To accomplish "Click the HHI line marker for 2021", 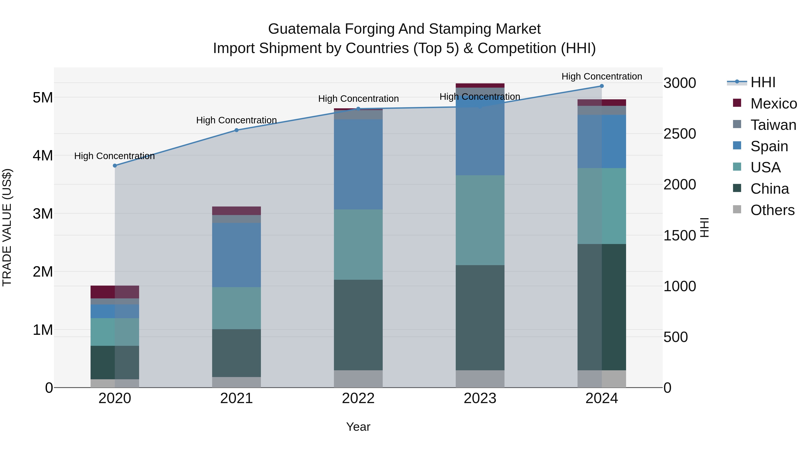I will point(236,130).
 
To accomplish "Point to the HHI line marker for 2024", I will point(601,86).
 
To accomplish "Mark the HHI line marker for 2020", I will point(115,165).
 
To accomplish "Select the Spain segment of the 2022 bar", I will point(358,164).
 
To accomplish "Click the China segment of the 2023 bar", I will point(480,317).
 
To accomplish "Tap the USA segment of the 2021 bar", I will point(236,308).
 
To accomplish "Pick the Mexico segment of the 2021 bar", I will point(236,211).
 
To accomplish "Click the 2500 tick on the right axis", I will point(679,134).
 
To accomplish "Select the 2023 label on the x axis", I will point(480,398).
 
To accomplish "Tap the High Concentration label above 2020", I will point(114,156).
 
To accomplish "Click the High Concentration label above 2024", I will point(601,76).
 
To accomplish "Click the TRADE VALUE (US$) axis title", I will point(7,227).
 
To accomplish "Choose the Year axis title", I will point(358,427).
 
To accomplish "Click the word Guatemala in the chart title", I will point(304,29).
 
